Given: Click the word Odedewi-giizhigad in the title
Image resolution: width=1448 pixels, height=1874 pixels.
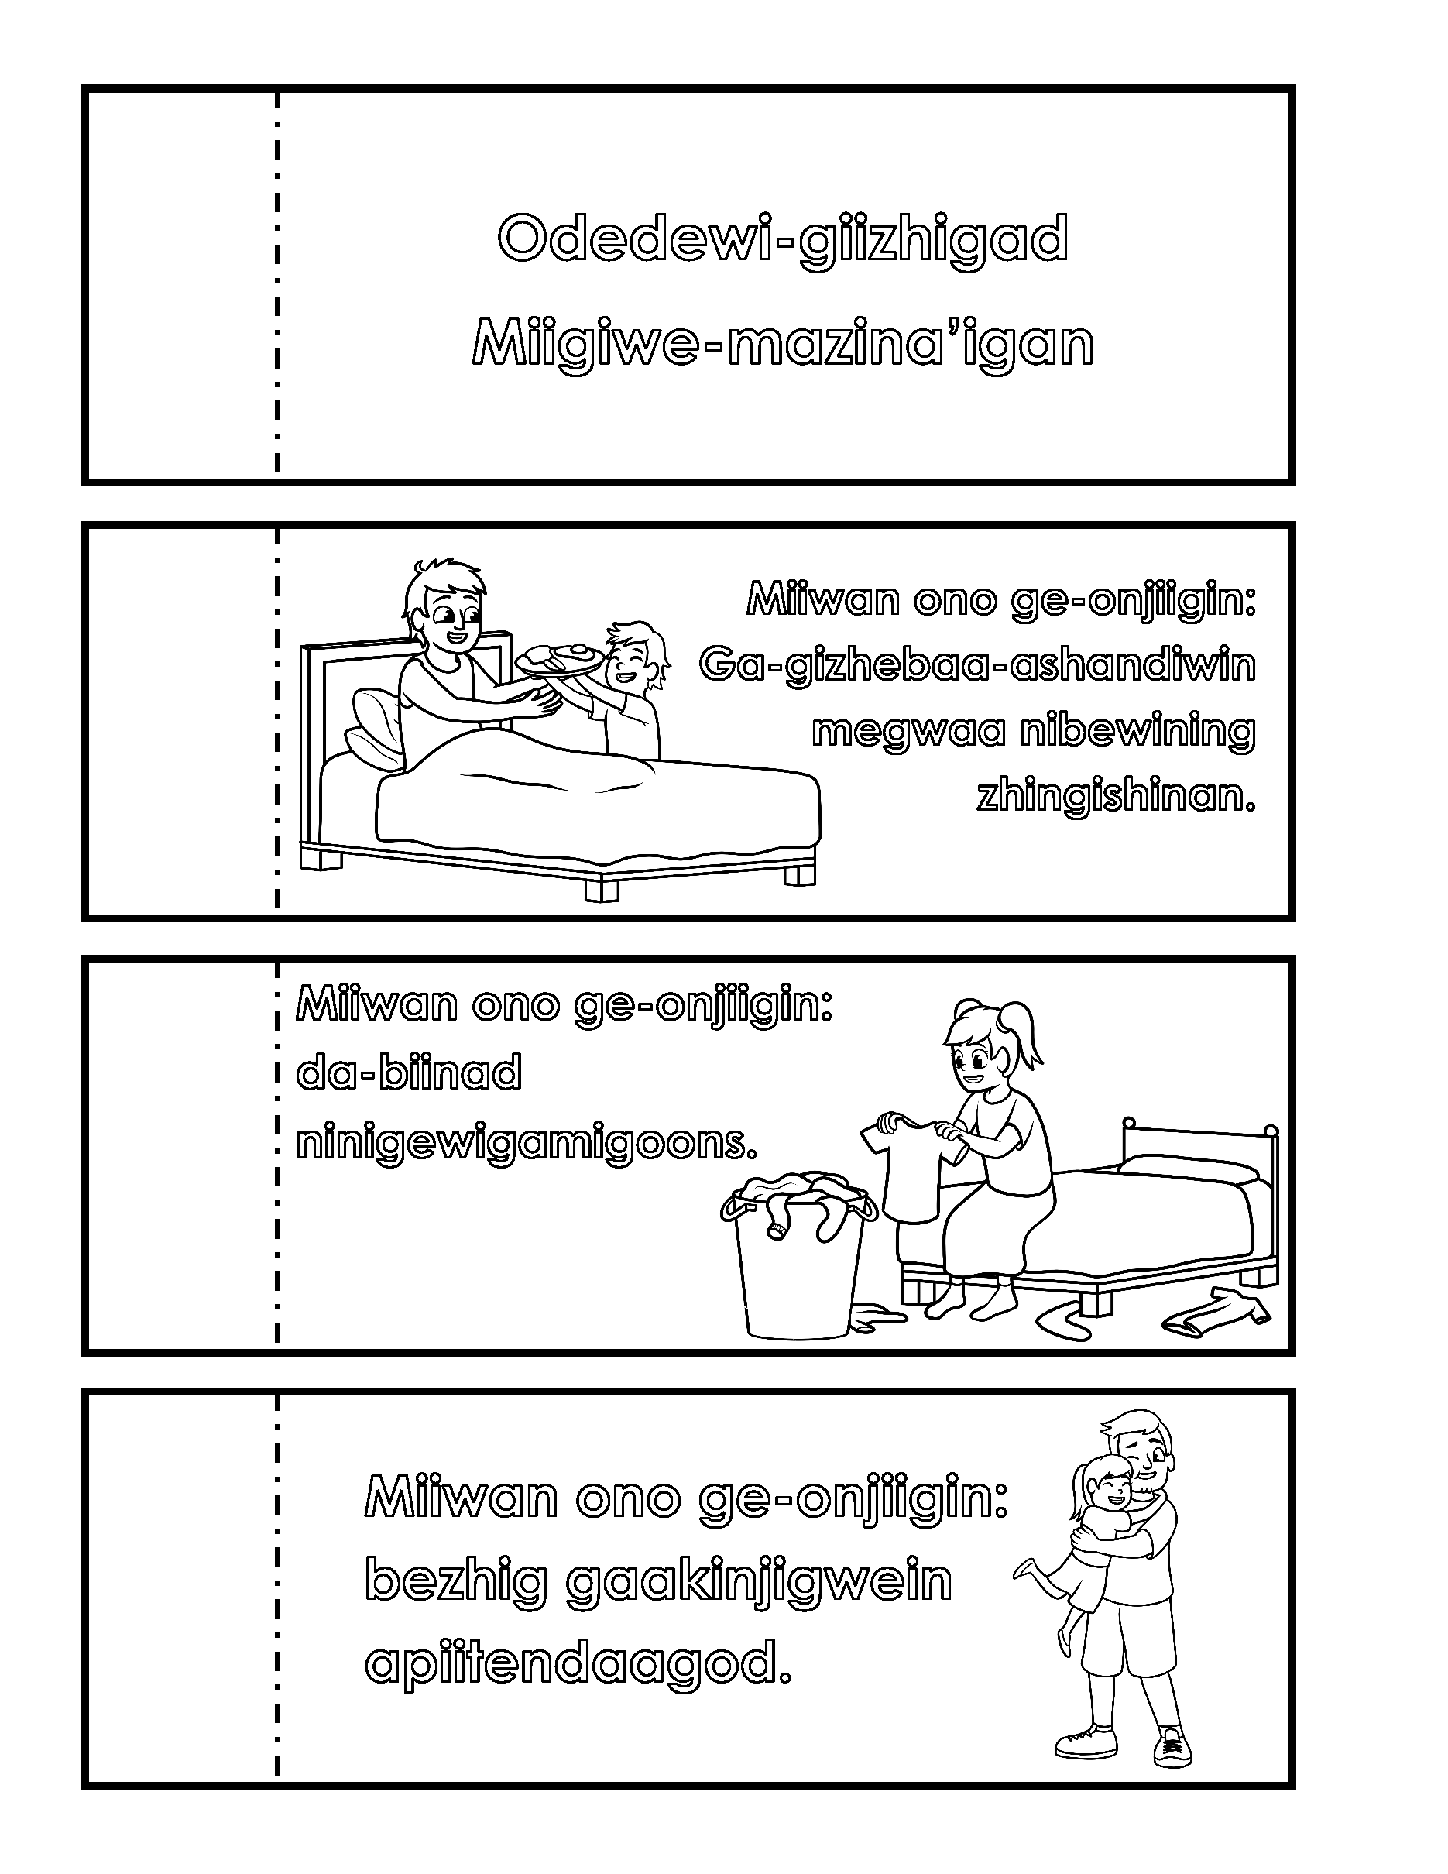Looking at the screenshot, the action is coord(782,239).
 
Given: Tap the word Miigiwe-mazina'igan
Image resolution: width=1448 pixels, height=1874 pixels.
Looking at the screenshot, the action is coord(782,343).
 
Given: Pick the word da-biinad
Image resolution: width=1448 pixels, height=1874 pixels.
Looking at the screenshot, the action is coord(408,1073).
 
